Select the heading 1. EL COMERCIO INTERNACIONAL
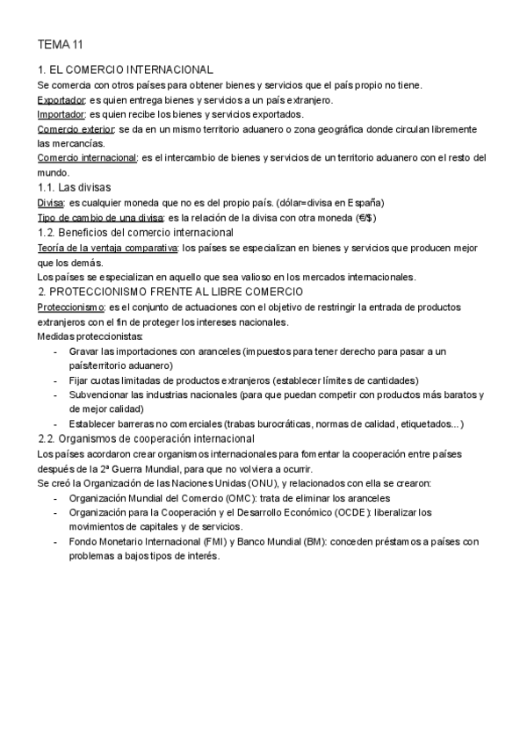coord(126,69)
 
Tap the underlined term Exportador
coord(61,99)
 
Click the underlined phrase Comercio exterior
coord(76,129)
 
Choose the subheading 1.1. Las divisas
coord(74,188)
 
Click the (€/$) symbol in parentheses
coord(366,218)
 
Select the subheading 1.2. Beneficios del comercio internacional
coord(135,233)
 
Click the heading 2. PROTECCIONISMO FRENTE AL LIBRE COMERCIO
coord(170,292)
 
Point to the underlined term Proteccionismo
coord(70,307)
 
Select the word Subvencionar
coord(100,395)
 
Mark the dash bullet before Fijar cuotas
coord(56,380)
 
